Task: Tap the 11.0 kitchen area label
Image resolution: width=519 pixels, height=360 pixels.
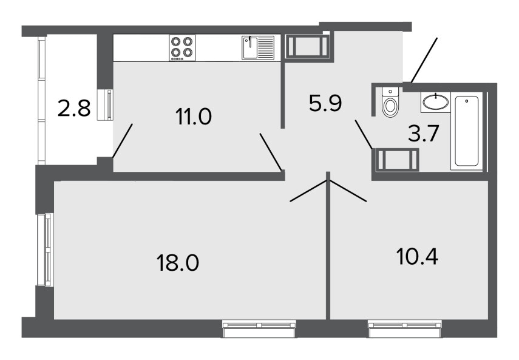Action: [x=194, y=117]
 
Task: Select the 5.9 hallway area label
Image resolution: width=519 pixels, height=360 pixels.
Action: [x=325, y=103]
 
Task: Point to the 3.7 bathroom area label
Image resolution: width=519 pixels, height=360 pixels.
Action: [x=423, y=134]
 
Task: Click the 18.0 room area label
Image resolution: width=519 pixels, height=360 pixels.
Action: [x=178, y=263]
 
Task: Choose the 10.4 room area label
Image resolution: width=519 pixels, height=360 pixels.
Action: [x=417, y=256]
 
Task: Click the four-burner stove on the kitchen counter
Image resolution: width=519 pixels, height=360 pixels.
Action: [x=182, y=48]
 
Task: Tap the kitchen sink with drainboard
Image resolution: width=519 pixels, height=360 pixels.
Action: [x=258, y=47]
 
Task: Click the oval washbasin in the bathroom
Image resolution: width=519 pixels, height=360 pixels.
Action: [x=436, y=101]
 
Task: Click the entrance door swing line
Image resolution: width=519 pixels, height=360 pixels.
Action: [x=424, y=60]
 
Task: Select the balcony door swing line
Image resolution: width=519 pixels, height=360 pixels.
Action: [x=123, y=141]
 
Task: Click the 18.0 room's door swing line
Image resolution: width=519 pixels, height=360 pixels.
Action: [x=309, y=191]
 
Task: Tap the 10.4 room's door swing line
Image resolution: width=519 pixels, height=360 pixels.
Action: [x=348, y=191]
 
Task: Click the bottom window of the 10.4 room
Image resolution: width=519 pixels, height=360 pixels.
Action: [x=405, y=328]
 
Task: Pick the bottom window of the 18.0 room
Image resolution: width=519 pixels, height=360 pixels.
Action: [x=260, y=328]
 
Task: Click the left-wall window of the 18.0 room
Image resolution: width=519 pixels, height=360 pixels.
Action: [x=45, y=250]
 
